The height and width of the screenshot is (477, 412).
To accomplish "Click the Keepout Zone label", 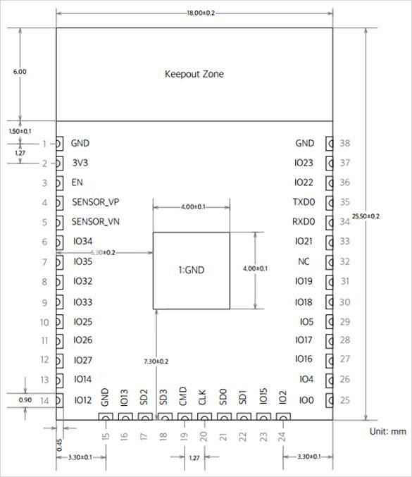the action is click(x=194, y=74).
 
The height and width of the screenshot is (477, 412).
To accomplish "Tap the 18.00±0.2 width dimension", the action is click(x=201, y=13).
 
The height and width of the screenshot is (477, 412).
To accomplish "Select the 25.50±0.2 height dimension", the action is click(x=366, y=216).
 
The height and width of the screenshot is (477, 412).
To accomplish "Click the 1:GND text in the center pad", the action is click(x=192, y=270).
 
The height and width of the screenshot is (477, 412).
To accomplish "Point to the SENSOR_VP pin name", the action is click(x=96, y=202).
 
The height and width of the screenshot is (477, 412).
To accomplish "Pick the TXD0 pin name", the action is click(x=304, y=202).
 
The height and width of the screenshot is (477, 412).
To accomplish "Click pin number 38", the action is click(x=345, y=143).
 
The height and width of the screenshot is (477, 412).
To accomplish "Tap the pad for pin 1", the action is click(x=60, y=143).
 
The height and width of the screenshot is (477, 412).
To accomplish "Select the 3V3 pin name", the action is click(x=80, y=163).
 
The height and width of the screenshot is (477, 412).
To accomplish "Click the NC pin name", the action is click(x=304, y=261).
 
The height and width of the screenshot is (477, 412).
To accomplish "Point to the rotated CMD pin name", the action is click(x=182, y=396).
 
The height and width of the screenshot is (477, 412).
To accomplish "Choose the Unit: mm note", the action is click(x=387, y=431).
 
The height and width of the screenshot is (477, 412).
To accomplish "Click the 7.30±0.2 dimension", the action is click(x=156, y=361).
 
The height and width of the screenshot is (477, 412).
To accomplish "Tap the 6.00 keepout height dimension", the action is click(x=20, y=72).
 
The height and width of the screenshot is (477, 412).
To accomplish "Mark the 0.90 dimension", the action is click(x=25, y=399).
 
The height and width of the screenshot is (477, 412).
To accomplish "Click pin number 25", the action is click(x=345, y=400).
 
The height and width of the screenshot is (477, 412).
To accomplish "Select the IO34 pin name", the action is click(x=82, y=241).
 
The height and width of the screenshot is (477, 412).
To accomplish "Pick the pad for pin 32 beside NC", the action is click(x=330, y=262).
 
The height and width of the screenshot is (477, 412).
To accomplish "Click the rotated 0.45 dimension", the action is click(x=60, y=445).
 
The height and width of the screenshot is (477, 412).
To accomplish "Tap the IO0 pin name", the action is click(x=306, y=400).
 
